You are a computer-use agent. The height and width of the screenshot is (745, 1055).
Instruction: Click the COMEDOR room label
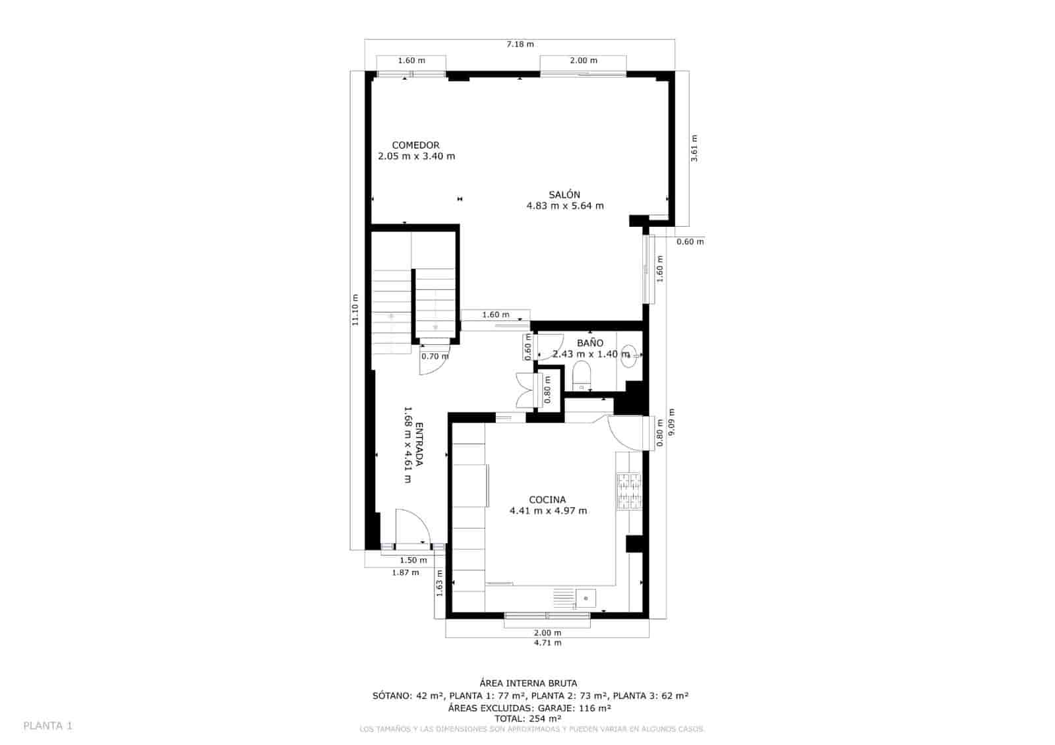[x=415, y=145]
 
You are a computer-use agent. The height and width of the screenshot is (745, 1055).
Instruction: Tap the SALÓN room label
[x=564, y=194]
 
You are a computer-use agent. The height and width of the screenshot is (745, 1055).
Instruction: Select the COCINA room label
[x=547, y=500]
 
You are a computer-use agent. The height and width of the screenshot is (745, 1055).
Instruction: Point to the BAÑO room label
[x=590, y=343]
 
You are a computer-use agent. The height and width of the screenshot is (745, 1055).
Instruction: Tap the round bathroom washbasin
[x=629, y=356]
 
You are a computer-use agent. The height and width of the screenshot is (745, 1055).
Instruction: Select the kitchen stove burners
[x=628, y=492]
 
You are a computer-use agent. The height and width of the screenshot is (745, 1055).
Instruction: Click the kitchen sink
[x=586, y=598]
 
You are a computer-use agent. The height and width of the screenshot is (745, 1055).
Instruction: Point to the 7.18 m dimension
[x=520, y=44]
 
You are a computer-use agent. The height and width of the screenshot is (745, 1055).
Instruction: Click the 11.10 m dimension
[x=355, y=310]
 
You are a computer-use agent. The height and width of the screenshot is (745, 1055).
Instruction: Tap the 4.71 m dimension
[x=547, y=642]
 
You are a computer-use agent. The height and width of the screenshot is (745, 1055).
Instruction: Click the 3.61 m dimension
[x=694, y=148]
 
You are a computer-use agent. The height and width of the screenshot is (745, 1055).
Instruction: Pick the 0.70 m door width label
[x=435, y=357]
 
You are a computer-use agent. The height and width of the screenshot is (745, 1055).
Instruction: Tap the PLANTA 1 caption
[x=48, y=726]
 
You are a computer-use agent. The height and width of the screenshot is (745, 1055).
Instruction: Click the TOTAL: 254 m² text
[x=527, y=719]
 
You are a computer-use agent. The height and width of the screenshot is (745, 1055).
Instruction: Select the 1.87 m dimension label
[x=406, y=572]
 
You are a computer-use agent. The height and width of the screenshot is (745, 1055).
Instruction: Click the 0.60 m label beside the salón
[x=690, y=241]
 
